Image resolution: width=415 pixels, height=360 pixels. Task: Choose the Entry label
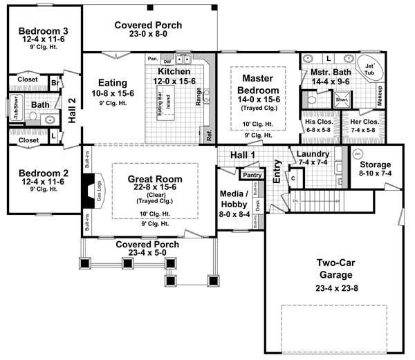point(277,171)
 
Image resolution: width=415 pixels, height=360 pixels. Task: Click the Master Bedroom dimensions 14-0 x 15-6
point(259,100)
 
